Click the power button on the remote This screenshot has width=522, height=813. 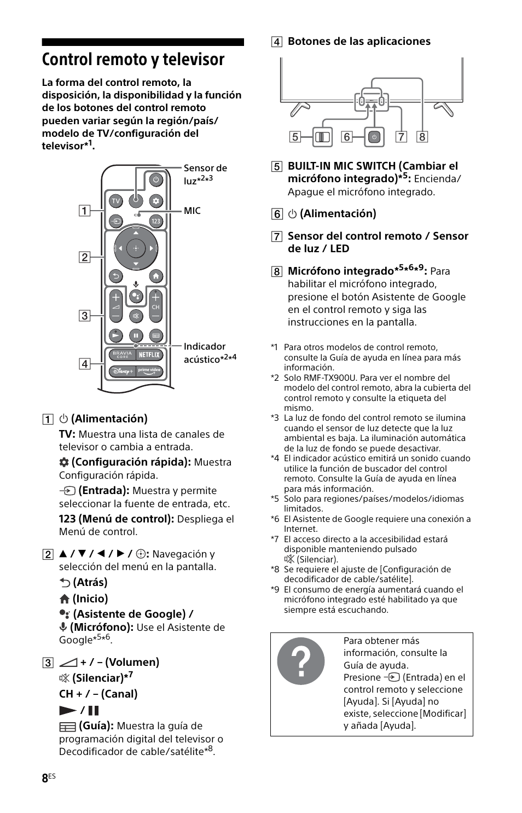[155, 179]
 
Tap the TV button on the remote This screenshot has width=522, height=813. [115, 201]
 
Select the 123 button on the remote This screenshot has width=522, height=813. [156, 222]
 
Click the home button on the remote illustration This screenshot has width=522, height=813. [156, 276]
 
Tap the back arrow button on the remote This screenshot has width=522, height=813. [115, 276]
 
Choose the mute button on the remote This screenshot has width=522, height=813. [136, 316]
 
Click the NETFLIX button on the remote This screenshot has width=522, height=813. [149, 355]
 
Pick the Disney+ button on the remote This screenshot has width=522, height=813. [122, 371]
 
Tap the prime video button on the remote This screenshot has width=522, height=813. [149, 371]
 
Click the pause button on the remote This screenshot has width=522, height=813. [136, 335]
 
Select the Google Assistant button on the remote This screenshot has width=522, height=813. [136, 296]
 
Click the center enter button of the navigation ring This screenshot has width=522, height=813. [136, 248]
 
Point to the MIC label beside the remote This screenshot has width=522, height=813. [192, 211]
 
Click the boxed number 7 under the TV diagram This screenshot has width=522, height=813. [402, 137]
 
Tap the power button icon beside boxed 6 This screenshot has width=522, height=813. [374, 137]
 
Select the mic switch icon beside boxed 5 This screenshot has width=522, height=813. [323, 137]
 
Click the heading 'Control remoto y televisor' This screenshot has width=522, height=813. [133, 59]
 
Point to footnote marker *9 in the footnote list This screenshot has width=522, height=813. [275, 590]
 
